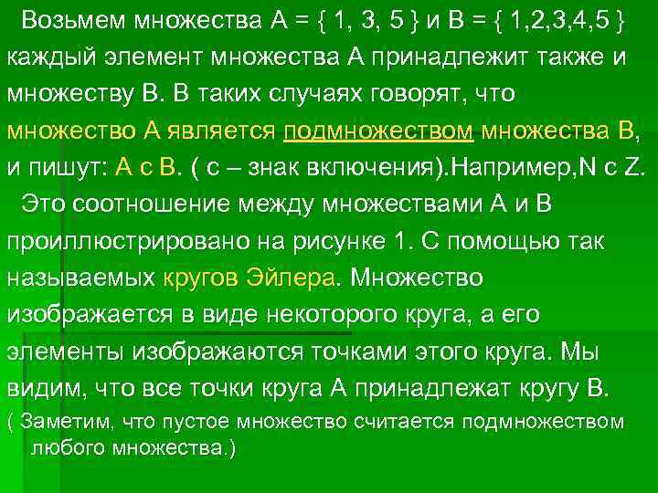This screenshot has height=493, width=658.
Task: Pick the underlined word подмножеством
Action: click(x=378, y=130)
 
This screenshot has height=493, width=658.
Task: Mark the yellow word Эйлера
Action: click(x=293, y=277)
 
